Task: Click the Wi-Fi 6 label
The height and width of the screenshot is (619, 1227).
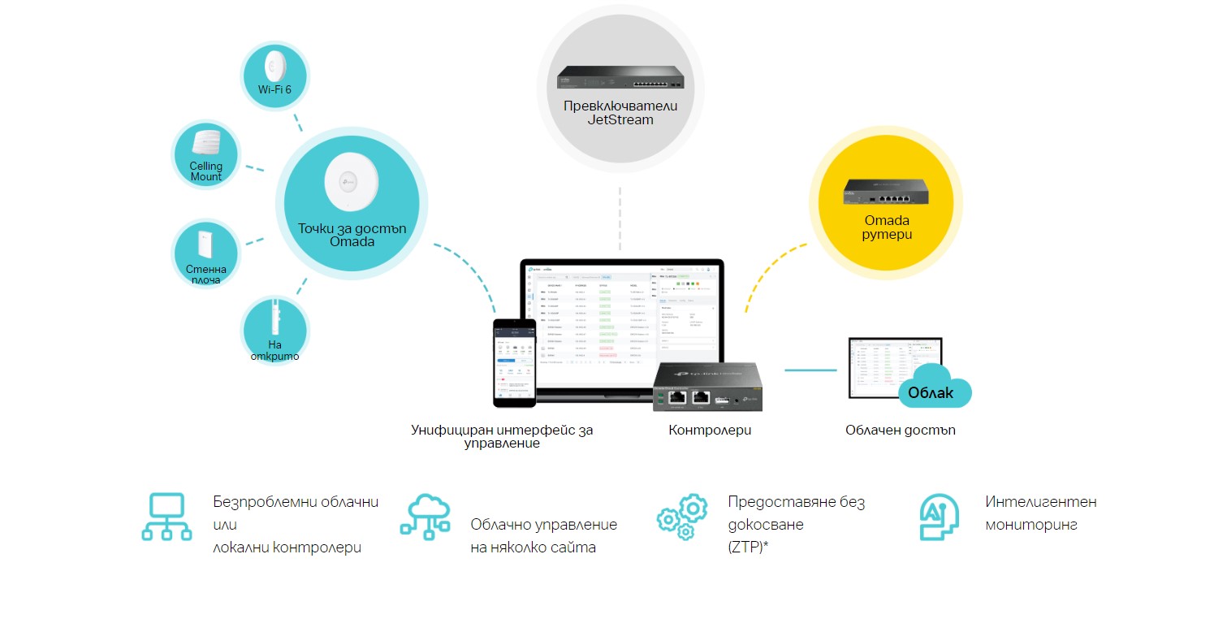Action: [x=274, y=89]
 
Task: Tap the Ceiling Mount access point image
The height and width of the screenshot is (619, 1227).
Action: [x=207, y=143]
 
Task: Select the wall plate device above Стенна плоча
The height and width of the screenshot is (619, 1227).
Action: [x=205, y=245]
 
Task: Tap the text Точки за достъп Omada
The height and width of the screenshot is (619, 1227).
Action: [x=352, y=235]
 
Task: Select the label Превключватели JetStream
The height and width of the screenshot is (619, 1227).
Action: [x=620, y=113]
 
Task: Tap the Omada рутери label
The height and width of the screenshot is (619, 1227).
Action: [x=887, y=227]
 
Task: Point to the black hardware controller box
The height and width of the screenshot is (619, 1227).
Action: [x=705, y=387]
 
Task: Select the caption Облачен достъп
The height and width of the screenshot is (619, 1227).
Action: [x=900, y=431]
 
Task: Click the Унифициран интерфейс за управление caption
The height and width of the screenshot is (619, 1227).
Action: [x=502, y=436]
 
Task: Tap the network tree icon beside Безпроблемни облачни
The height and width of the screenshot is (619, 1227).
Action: [x=166, y=517]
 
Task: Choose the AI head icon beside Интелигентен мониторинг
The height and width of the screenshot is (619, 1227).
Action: [x=940, y=517]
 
